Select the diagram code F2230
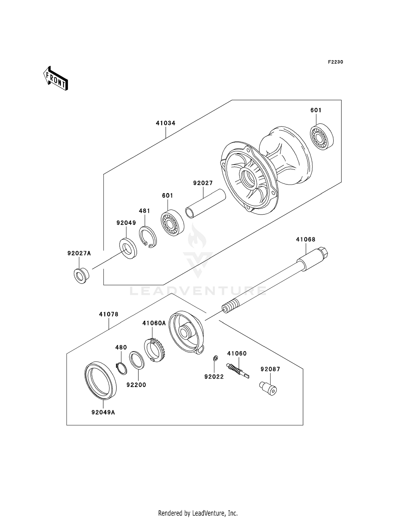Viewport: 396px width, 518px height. click(335, 62)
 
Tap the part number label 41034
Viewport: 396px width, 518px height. click(166, 123)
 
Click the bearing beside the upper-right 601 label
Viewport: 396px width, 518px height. click(322, 136)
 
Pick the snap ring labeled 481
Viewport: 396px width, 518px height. click(148, 237)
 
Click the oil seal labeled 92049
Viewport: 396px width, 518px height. click(128, 248)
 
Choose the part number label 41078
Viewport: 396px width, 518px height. click(109, 314)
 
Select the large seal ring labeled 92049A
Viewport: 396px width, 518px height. click(100, 380)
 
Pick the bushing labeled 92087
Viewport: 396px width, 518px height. click(268, 388)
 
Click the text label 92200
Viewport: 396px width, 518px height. click(136, 385)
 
